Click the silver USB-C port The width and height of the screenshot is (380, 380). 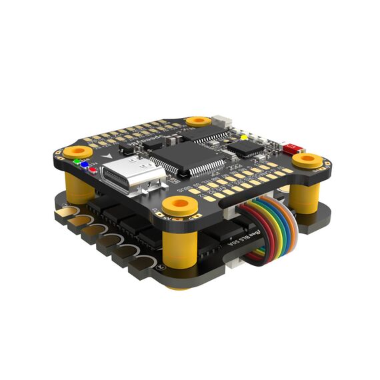coord(131,175)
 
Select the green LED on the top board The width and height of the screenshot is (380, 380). coord(77,161)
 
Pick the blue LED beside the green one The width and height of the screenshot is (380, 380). coord(85,164)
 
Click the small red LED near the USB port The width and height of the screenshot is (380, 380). coord(92,168)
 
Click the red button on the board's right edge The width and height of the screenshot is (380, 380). coord(291,147)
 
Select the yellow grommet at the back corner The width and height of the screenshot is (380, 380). coord(198,121)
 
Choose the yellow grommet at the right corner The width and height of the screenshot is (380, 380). coord(307,160)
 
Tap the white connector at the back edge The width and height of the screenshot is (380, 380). coord(225,123)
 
